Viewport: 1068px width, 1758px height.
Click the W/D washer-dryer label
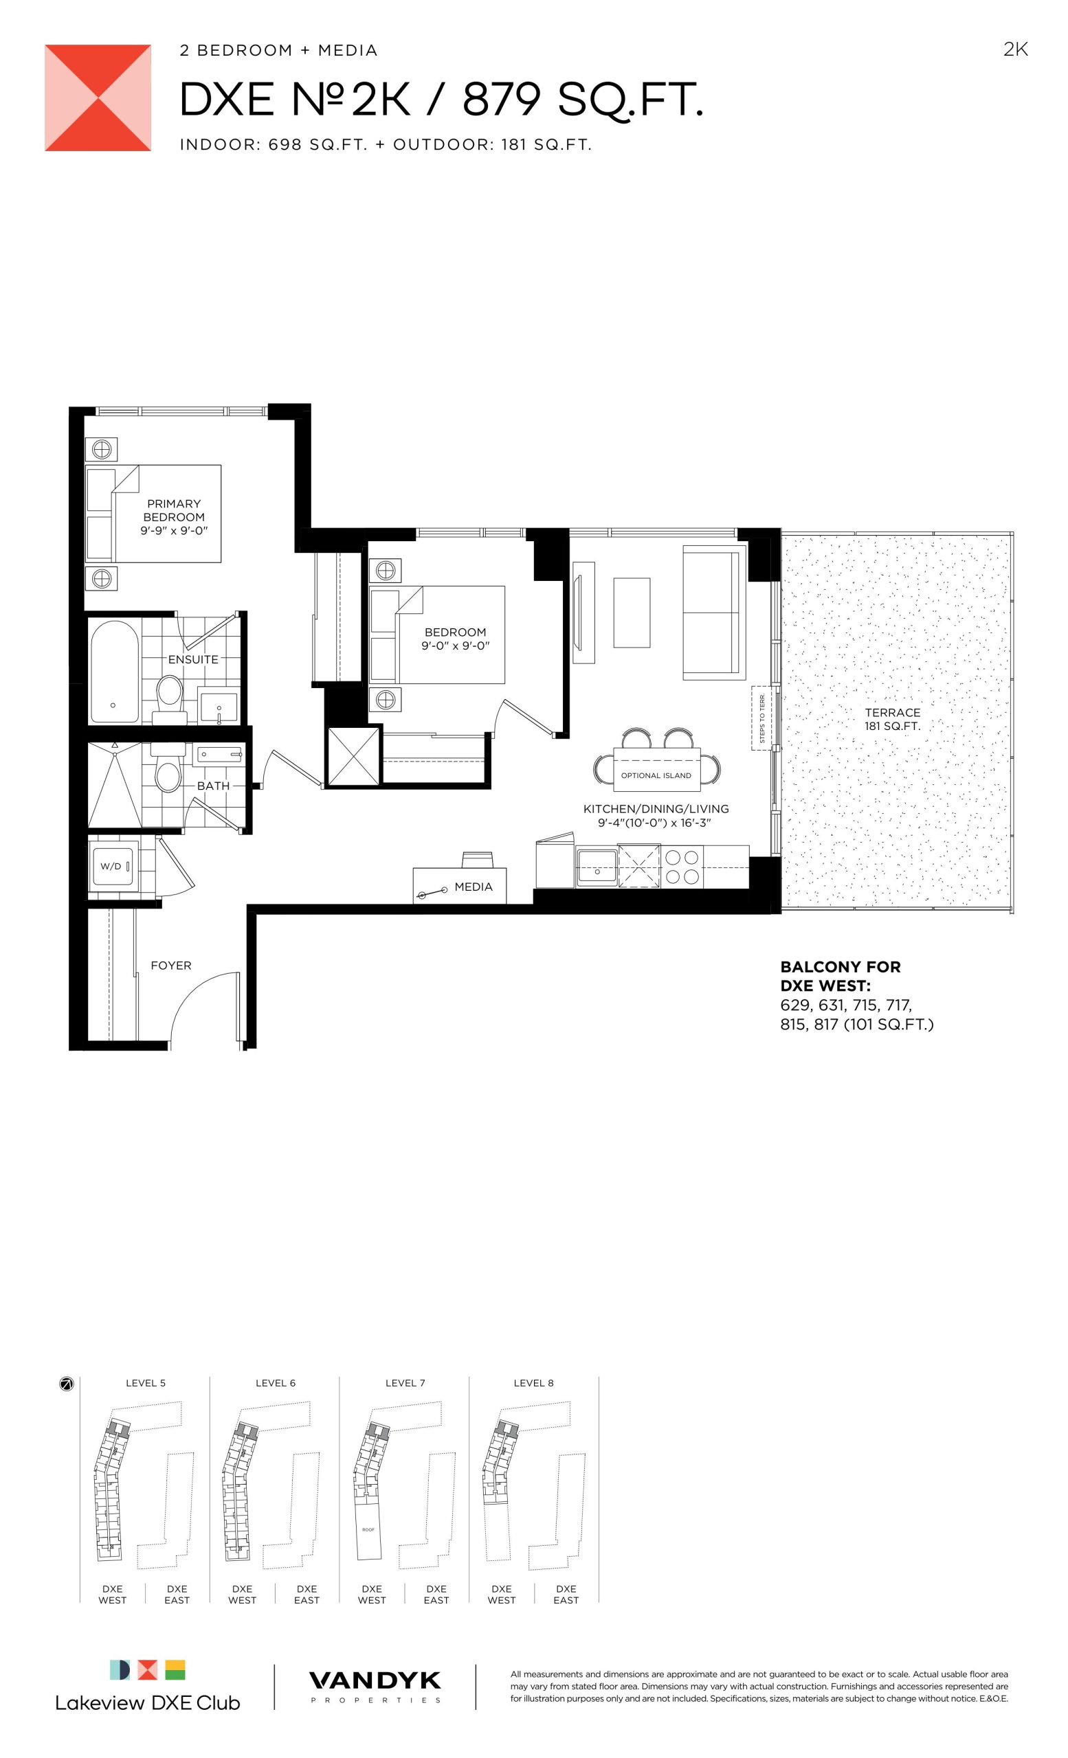click(110, 866)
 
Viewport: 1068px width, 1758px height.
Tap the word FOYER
click(170, 966)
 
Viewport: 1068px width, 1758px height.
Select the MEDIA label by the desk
click(474, 887)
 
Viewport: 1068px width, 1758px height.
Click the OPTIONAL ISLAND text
click(656, 775)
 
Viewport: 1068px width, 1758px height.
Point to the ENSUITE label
click(192, 659)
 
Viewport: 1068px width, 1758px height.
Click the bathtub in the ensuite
click(114, 672)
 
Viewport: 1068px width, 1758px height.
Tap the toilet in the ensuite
click(169, 692)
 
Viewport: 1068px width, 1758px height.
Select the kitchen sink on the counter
click(597, 867)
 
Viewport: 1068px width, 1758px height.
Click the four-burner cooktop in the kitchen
click(682, 867)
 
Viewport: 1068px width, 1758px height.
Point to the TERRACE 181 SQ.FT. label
click(892, 719)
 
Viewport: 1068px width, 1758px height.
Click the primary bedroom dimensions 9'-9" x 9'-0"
click(174, 531)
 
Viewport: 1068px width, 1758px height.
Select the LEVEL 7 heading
click(405, 1383)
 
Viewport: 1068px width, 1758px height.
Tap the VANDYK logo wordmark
click(375, 1681)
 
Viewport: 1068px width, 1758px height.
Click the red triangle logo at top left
click(98, 98)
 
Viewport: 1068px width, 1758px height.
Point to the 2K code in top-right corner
click(1015, 49)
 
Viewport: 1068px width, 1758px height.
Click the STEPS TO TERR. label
click(761, 718)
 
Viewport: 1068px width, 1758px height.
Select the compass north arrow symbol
click(67, 1384)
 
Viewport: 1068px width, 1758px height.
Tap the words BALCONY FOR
click(841, 967)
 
